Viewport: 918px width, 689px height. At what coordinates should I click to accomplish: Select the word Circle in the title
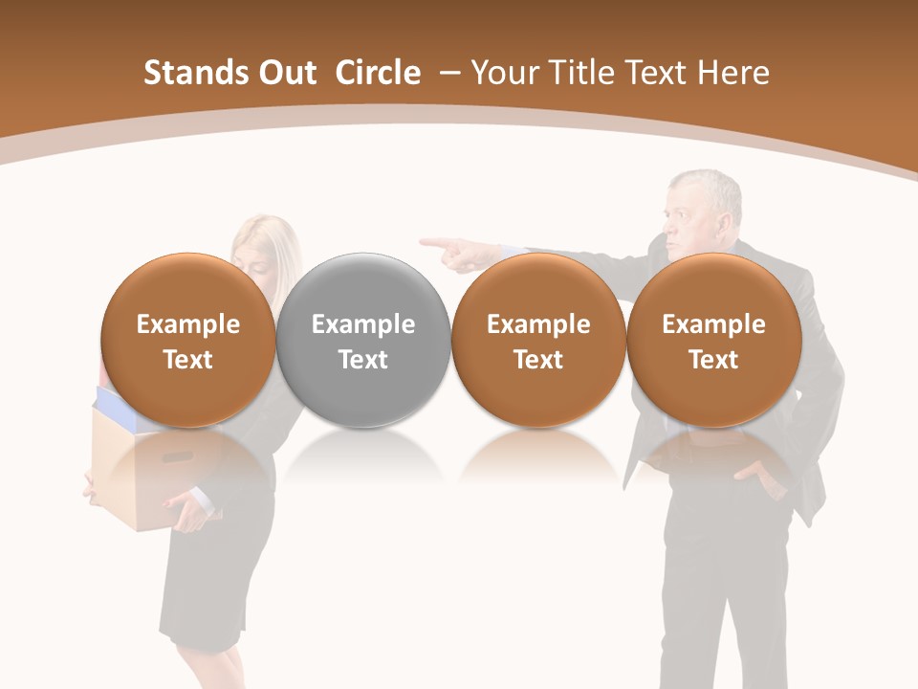(378, 73)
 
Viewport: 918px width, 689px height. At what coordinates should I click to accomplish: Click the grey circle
(363, 340)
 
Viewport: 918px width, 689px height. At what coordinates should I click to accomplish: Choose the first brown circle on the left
(188, 340)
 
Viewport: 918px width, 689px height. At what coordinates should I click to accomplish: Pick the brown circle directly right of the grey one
(538, 340)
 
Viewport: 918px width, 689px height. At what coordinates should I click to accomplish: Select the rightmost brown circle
(713, 340)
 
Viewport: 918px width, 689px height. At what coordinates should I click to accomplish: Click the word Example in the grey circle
(363, 324)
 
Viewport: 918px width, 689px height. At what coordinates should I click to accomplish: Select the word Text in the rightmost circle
(713, 360)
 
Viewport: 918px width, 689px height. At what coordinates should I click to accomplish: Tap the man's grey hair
(708, 187)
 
